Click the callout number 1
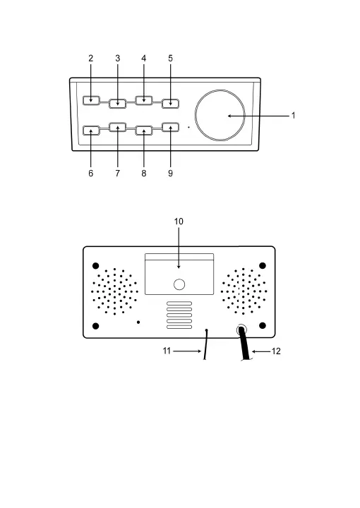coord(293,116)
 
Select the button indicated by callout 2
coord(91,100)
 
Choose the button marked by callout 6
coord(91,131)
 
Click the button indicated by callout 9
coord(170,127)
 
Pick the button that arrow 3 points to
coord(118,103)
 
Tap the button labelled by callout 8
coord(144,131)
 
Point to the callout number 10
coord(179,222)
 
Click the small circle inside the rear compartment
coord(179,284)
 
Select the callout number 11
coord(167,351)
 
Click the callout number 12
coord(276,351)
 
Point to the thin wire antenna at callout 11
coord(205,344)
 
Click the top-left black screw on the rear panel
coord(95,266)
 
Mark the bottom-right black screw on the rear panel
coord(263,325)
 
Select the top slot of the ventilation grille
coord(179,303)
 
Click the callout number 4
coord(144,59)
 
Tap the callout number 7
coord(118,174)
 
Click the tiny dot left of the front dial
coord(189,127)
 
